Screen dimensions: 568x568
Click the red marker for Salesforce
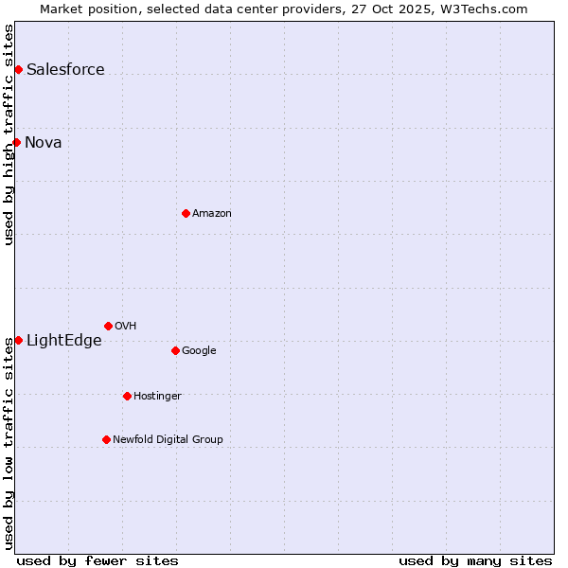point(18,69)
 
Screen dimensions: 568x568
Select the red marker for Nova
point(16,142)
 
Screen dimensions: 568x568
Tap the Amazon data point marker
point(186,213)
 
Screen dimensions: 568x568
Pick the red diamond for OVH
point(108,326)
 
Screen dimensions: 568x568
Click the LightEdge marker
point(18,340)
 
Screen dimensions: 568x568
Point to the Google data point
point(175,350)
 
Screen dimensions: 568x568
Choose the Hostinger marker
point(127,396)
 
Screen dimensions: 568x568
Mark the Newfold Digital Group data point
point(106,439)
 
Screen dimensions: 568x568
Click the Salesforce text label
point(65,69)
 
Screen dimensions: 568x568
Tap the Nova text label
point(44,142)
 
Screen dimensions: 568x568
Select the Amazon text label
point(212,213)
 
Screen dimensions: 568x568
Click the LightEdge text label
point(63,340)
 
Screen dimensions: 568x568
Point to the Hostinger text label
point(157,396)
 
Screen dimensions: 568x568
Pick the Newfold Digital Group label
point(168,439)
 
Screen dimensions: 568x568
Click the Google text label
point(199,350)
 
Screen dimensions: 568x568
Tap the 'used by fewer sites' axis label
point(98,560)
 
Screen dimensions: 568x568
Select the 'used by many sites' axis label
point(475,560)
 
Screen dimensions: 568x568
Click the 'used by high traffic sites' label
point(9,134)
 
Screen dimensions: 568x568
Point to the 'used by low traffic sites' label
point(9,443)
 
